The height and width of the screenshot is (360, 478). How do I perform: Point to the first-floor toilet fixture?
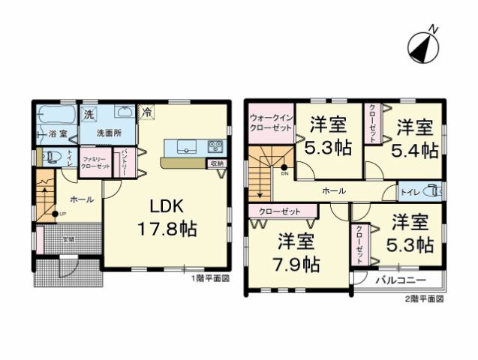coord(52,157)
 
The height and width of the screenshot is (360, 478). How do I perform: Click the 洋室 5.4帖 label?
coord(414,137)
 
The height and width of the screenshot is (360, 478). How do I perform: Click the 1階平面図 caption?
coord(209,277)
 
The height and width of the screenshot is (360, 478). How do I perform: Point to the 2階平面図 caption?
coord(426,298)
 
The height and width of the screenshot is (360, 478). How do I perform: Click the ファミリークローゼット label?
coord(96,163)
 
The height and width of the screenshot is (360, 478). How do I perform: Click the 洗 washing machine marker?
coord(89,115)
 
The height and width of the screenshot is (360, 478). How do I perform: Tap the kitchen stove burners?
coord(215,145)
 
